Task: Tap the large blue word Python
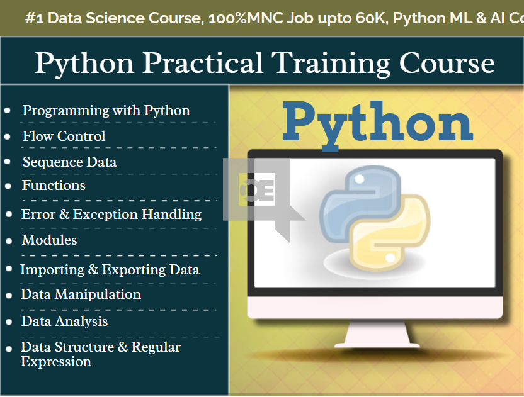tap(378, 122)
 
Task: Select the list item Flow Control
tap(64, 136)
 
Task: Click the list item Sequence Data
tap(69, 162)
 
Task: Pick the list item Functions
tap(54, 186)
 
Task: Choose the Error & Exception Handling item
tap(111, 215)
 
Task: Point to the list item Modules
tap(49, 240)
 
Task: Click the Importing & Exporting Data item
tap(110, 270)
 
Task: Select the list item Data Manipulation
tap(81, 294)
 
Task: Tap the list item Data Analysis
tap(64, 322)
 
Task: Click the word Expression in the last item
tap(55, 362)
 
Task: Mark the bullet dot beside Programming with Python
tap(8, 111)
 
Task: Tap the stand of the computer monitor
tap(375, 333)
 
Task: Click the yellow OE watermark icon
tap(256, 191)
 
